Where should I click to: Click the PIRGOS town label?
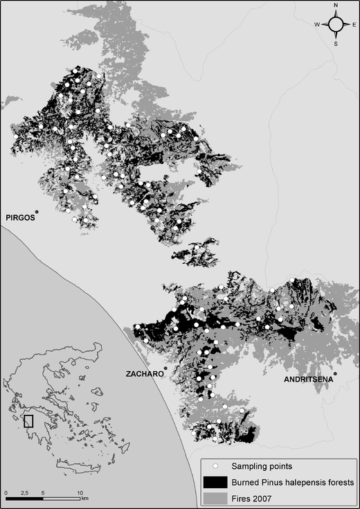[19, 217]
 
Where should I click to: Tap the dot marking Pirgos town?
[37, 212]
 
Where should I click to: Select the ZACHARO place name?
[145, 374]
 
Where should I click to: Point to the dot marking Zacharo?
[166, 368]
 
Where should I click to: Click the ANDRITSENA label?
[309, 380]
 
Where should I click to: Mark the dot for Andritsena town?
[334, 374]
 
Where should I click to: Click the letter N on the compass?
[336, 6]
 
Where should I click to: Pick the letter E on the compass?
[354, 24]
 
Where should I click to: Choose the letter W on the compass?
[317, 24]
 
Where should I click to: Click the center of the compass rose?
[336, 24]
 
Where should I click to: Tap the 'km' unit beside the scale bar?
[85, 498]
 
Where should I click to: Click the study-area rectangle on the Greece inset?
[28, 420]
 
